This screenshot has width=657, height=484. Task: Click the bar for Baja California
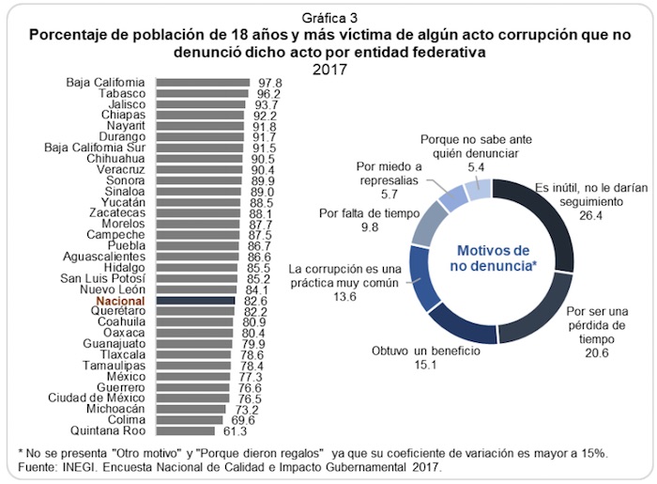(x=201, y=83)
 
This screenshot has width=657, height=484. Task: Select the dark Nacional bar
(x=194, y=300)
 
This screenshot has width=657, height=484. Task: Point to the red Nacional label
(x=123, y=300)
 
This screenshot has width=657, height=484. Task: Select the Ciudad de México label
(x=99, y=398)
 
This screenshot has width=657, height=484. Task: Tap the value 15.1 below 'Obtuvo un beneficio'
(x=425, y=365)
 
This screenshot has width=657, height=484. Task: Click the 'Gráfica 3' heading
(x=328, y=19)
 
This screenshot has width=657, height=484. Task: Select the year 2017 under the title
(x=328, y=69)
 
